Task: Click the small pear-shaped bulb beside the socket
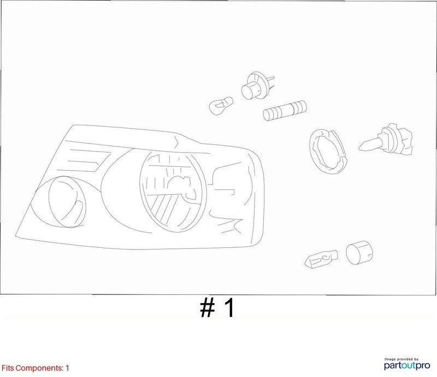pos(221,106)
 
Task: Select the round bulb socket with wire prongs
pos(257,85)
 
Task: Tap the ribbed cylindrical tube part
pos(285,111)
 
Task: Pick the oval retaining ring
pos(328,152)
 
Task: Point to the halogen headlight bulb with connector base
pos(386,139)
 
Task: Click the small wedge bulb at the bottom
pos(322,259)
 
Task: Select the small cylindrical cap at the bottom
pos(359,252)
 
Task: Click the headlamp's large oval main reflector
pos(173,192)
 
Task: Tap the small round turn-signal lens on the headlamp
pos(67,201)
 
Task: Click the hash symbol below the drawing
pos(208,308)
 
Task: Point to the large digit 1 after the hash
pos(230,308)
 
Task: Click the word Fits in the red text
pos(8,368)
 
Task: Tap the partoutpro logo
pos(407,366)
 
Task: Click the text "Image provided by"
pos(401,359)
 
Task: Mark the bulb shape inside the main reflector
pos(182,188)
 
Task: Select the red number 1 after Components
pos(67,368)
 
